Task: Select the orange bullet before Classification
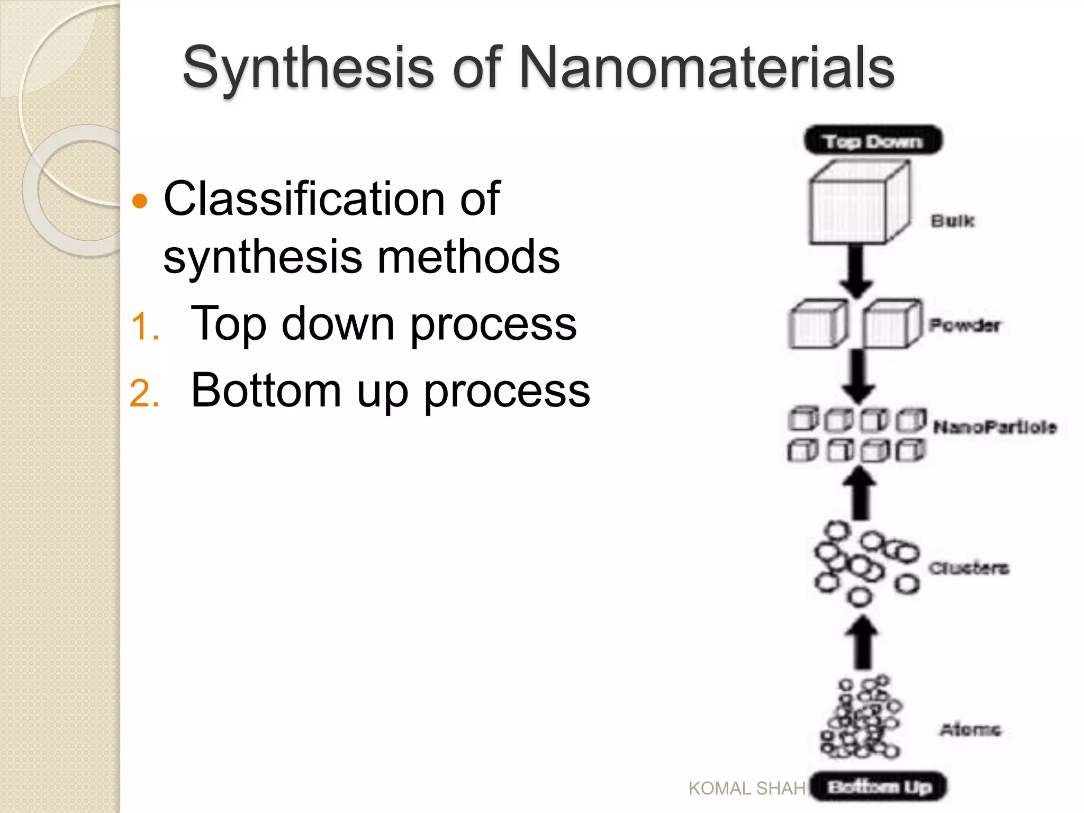[x=140, y=201]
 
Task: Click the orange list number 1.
[x=144, y=326]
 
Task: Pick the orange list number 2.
[x=144, y=394]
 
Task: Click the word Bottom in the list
[x=266, y=391]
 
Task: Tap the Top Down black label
[x=873, y=141]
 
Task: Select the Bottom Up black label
[x=879, y=787]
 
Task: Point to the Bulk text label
[x=952, y=221]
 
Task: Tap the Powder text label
[x=964, y=325]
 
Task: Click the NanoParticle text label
[x=995, y=427]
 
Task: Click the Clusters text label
[x=969, y=568]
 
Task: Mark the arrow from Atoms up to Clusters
[x=862, y=642]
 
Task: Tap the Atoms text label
[x=970, y=730]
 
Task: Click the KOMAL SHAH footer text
[x=747, y=789]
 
